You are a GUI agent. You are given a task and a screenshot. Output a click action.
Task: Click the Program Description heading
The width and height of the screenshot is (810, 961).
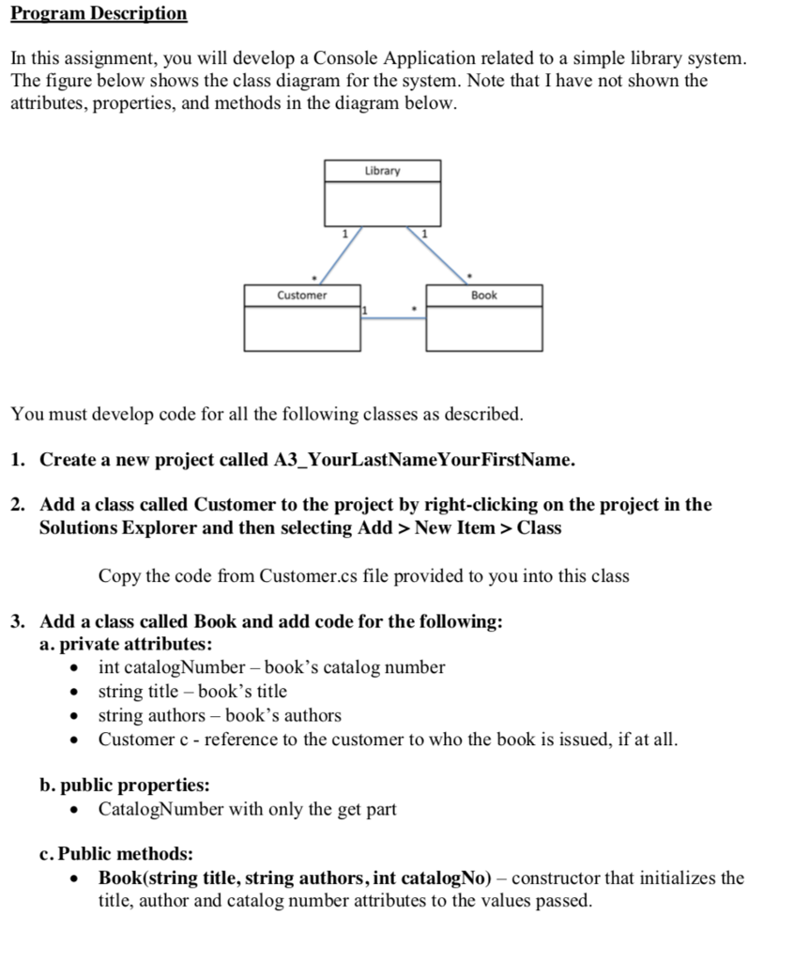[x=99, y=14]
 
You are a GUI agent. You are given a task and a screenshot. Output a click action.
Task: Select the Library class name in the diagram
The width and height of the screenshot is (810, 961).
[x=382, y=171]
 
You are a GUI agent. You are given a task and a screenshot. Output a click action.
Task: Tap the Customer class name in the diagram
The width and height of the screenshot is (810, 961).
[x=302, y=296]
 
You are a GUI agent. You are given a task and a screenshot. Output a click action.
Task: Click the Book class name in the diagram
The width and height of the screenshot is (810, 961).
[x=484, y=296]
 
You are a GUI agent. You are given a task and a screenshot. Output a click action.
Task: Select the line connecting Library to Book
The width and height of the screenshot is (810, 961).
[x=438, y=254]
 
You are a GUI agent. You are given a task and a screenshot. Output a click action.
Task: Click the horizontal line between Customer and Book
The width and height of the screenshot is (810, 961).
[x=393, y=319]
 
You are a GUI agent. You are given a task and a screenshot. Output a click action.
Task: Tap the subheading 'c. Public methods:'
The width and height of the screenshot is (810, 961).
[x=116, y=854]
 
